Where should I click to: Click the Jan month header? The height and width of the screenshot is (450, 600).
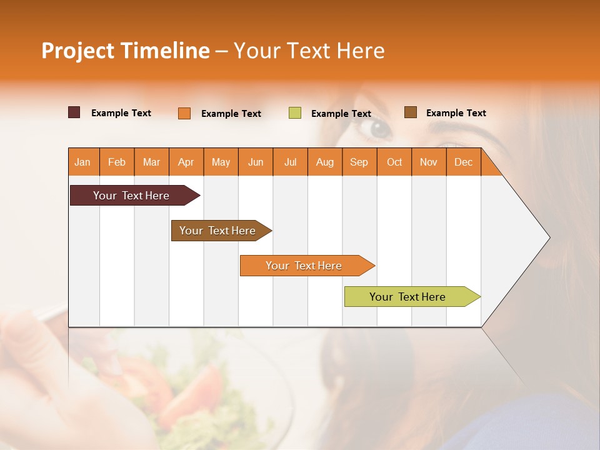[82, 162]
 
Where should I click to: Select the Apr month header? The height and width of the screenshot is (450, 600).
[186, 162]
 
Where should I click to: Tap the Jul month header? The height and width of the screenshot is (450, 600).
[290, 162]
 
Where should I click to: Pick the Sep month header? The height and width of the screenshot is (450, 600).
[359, 162]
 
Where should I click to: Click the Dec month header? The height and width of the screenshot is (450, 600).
[463, 162]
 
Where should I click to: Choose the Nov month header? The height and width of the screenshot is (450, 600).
[429, 162]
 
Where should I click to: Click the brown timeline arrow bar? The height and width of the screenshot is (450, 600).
[219, 231]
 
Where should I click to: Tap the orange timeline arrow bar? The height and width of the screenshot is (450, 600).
[304, 266]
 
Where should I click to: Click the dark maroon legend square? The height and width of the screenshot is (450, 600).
[74, 112]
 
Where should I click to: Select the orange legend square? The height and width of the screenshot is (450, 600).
[184, 113]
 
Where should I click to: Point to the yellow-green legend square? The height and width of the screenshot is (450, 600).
[295, 113]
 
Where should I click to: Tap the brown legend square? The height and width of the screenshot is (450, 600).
[411, 112]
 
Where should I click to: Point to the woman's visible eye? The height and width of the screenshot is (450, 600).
[379, 129]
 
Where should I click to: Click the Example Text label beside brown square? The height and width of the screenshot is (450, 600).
[456, 113]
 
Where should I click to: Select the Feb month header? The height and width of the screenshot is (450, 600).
[117, 162]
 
